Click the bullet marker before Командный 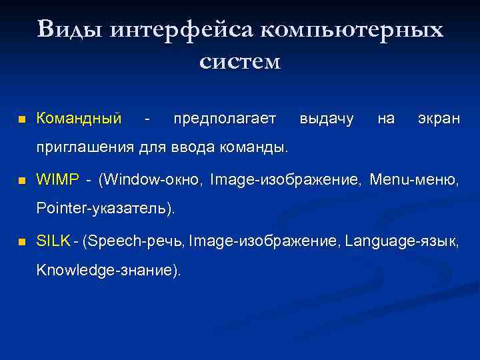click(21, 120)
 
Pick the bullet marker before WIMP click(21, 181)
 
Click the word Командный click(79, 119)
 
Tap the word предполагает click(224, 119)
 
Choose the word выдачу click(327, 119)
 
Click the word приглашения click(85, 147)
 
